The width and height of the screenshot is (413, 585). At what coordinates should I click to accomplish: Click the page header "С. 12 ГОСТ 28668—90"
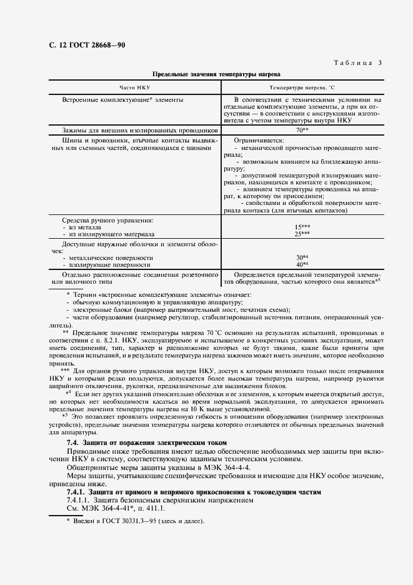(87, 46)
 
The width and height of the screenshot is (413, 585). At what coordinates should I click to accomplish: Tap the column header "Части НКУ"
(134, 87)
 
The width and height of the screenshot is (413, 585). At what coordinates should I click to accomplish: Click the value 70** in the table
(302, 129)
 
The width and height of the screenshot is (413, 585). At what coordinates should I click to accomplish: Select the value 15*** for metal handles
(302, 227)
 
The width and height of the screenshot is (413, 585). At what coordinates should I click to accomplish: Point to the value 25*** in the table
(302, 233)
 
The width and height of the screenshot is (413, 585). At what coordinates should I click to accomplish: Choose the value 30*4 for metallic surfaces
(302, 257)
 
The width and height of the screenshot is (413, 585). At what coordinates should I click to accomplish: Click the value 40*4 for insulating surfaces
(302, 264)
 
